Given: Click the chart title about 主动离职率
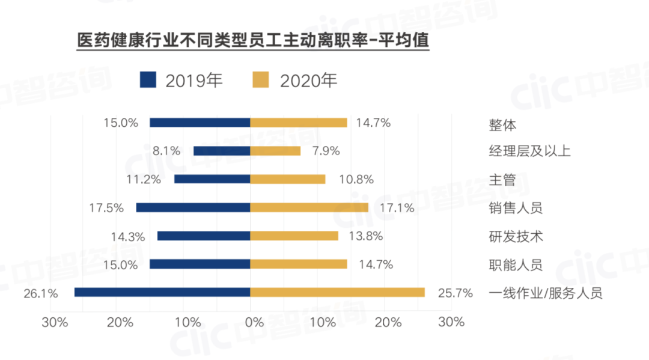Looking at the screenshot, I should click(x=253, y=41).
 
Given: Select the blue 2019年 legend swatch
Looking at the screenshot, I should click(x=147, y=80).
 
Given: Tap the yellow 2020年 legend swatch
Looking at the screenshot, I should click(x=260, y=80).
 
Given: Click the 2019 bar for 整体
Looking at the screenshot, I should click(x=200, y=123).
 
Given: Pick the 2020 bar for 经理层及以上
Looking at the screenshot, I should click(x=275, y=151).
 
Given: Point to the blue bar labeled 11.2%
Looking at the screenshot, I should click(x=212, y=179).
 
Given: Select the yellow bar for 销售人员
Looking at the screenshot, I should click(x=309, y=207).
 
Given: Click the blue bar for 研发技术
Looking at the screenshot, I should click(x=204, y=236).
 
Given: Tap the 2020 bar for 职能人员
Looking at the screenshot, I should click(x=299, y=264).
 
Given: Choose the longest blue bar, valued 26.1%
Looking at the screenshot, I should click(x=162, y=292).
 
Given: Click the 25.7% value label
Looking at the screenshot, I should click(x=456, y=293).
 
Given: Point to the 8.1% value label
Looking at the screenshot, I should click(x=166, y=151).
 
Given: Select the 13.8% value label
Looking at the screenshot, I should click(x=365, y=236).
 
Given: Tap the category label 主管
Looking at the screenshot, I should click(x=502, y=180).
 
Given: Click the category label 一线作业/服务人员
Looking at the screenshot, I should click(x=546, y=294).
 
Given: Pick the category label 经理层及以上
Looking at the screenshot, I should click(x=529, y=151).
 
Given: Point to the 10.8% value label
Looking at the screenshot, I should click(x=356, y=180).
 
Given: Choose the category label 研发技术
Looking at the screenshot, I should click(x=516, y=237).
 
